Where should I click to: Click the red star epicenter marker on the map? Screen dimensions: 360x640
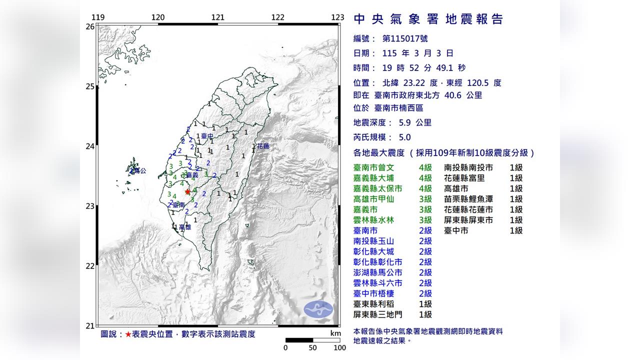pyautogui.click(x=187, y=191)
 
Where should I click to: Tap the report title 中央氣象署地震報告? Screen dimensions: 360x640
pyautogui.click(x=428, y=19)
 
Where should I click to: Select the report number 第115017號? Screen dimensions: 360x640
pyautogui.click(x=405, y=38)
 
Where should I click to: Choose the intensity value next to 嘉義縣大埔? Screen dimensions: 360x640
pyautogui.click(x=425, y=178)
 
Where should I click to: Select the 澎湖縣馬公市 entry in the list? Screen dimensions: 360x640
pyautogui.click(x=378, y=272)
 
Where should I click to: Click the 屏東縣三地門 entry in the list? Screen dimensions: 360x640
pyautogui.click(x=378, y=314)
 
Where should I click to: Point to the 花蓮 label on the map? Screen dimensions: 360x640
pyautogui.click(x=263, y=146)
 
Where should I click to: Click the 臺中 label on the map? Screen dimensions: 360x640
pyautogui.click(x=207, y=136)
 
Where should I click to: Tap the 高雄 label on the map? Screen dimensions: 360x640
pyautogui.click(x=184, y=227)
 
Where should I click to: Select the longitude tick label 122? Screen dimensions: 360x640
pyautogui.click(x=277, y=17)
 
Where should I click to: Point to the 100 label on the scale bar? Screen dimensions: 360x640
pyautogui.click(x=339, y=347)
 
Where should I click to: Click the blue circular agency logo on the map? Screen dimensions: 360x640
pyautogui.click(x=318, y=309)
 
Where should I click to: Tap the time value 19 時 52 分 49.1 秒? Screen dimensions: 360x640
pyautogui.click(x=424, y=68)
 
